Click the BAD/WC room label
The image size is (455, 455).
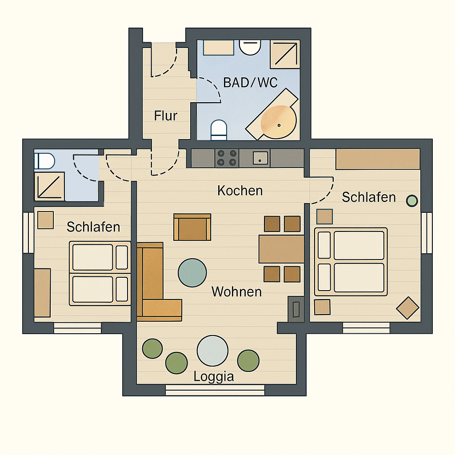(x=250, y=83)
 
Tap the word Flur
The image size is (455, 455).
(x=165, y=116)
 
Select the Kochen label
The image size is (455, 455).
(x=240, y=191)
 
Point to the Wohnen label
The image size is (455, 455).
(x=236, y=291)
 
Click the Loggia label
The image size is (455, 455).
(x=214, y=377)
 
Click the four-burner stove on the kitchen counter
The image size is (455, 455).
(x=227, y=158)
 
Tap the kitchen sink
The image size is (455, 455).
(x=260, y=159)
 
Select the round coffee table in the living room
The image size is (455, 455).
(x=192, y=273)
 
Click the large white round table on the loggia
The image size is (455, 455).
(x=212, y=351)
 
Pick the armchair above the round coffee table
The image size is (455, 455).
(x=192, y=227)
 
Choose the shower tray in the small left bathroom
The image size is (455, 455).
(x=49, y=186)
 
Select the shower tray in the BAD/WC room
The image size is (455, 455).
(x=285, y=54)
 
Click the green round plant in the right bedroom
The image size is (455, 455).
(x=412, y=201)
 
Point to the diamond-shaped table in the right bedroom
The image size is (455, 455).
(x=408, y=308)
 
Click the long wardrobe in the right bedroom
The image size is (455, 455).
(x=378, y=159)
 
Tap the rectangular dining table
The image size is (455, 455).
(x=281, y=249)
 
